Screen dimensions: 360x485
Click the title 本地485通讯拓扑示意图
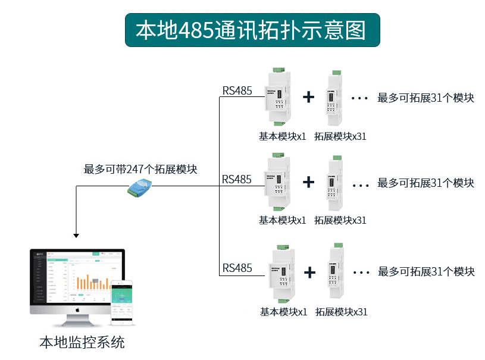pos(251,30)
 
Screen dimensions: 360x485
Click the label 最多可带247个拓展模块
pos(140,169)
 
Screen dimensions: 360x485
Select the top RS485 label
pos(237,91)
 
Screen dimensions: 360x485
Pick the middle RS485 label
pos(237,179)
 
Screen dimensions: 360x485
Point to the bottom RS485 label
pos(237,268)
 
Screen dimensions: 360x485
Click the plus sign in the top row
pos(308,97)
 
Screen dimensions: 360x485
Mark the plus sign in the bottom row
pos(309,273)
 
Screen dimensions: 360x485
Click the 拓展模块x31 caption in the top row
pos(340,136)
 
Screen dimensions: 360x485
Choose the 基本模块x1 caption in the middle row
pos(282,220)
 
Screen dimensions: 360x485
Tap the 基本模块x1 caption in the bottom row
pos(283,311)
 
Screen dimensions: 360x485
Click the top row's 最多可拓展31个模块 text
pos(425,98)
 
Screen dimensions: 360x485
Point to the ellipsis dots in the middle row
pos(361,185)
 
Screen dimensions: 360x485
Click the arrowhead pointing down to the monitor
pos(76,234)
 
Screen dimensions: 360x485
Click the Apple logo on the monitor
pos(77,310)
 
